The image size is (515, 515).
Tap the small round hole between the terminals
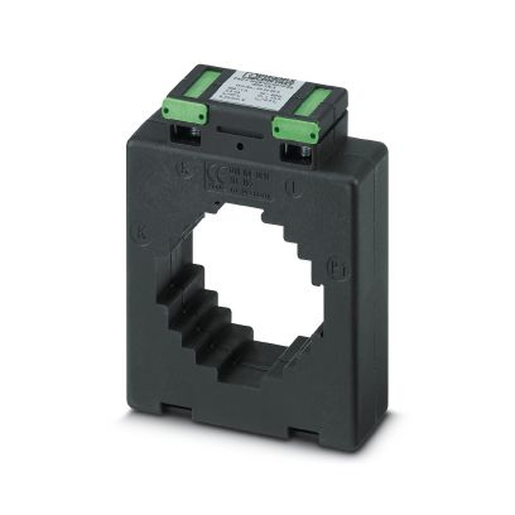click(240, 147)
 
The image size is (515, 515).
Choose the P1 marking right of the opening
click(337, 269)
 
